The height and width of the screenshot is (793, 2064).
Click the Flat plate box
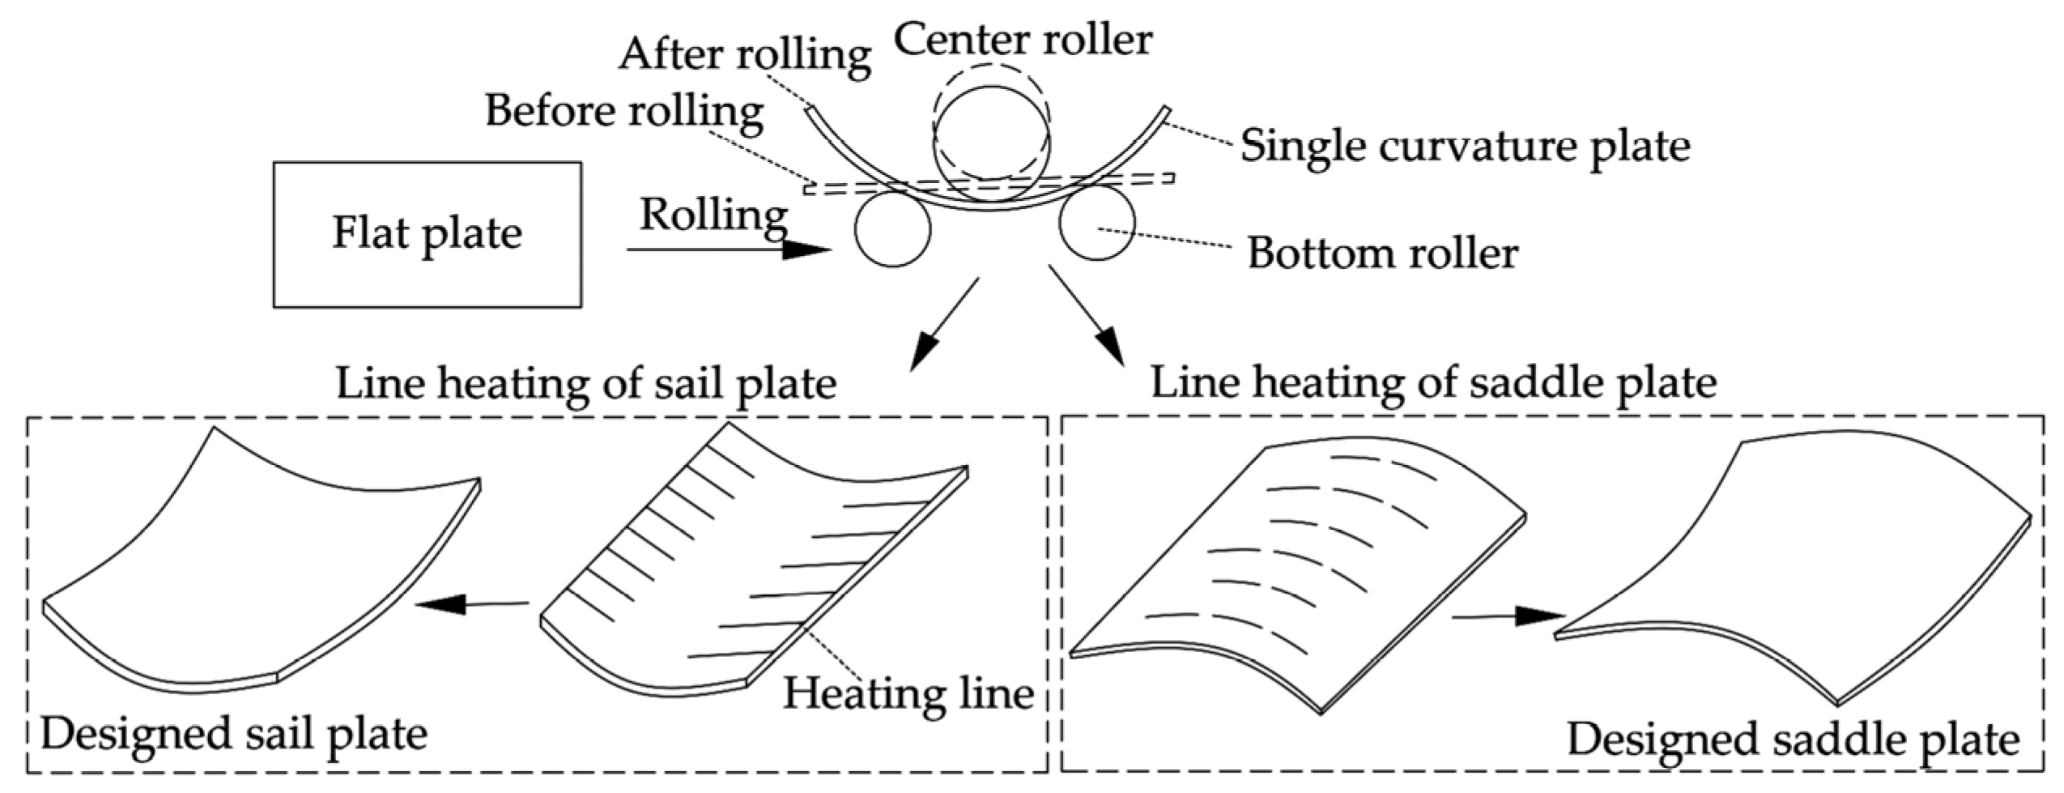(427, 234)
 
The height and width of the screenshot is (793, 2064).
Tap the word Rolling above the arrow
(713, 215)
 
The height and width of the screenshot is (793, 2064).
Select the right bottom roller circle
(1096, 224)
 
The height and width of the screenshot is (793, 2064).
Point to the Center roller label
(1023, 39)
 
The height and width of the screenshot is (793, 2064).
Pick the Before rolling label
(624, 111)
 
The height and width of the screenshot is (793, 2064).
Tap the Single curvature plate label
(1465, 147)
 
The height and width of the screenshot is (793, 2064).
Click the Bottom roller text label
(1382, 253)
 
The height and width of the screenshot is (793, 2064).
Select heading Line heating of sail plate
(585, 383)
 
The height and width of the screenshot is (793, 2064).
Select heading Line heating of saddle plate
(1433, 382)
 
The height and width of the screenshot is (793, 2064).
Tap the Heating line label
(908, 693)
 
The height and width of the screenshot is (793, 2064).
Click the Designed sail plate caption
(234, 735)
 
